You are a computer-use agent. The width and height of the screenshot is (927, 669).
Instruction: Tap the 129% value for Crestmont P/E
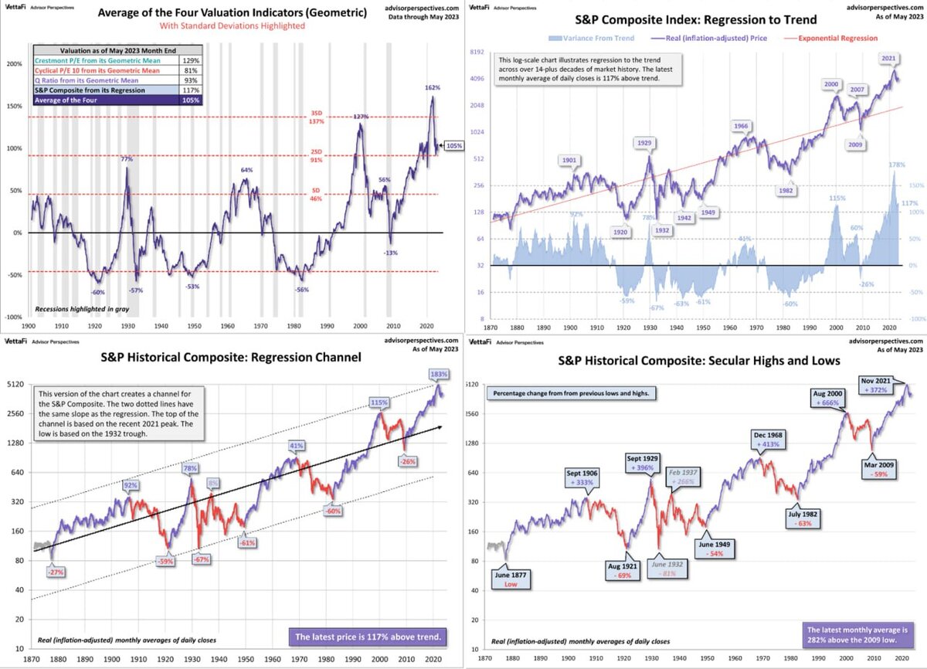click(189, 59)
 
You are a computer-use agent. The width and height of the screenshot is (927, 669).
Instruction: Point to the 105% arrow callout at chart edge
click(453, 144)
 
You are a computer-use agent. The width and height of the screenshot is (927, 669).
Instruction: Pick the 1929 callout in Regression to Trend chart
click(643, 143)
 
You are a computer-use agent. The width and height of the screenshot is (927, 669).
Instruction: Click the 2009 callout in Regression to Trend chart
click(856, 144)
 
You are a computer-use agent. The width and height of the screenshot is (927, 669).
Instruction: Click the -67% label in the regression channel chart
click(202, 559)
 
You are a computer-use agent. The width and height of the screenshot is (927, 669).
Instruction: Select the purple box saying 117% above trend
click(367, 637)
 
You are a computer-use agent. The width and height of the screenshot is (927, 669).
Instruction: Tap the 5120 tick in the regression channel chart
click(15, 383)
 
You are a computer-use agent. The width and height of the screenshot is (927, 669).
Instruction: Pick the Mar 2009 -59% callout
click(881, 469)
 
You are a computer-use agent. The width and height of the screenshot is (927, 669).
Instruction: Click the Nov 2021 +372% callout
click(881, 384)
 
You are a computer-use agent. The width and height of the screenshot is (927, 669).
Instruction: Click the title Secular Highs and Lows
click(701, 360)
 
